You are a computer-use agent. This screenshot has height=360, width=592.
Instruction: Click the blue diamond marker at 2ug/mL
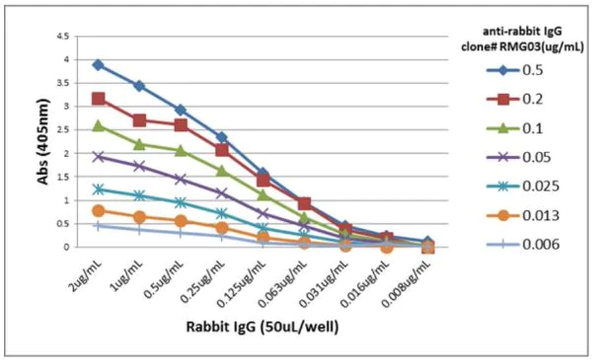pos(98,65)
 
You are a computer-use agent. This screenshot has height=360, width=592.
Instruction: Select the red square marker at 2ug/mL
pos(98,99)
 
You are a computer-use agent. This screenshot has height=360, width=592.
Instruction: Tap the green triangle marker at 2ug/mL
pos(98,125)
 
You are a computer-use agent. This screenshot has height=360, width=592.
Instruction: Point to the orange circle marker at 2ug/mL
pos(98,211)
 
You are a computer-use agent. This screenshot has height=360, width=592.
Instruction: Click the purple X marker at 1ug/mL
pos(139,166)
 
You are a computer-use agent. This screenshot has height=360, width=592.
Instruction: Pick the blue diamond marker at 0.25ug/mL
pos(222,137)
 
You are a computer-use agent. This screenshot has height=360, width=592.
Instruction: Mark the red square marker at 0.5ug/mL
pos(181,125)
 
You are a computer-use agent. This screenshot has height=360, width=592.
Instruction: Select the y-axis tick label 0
pos(65,248)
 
